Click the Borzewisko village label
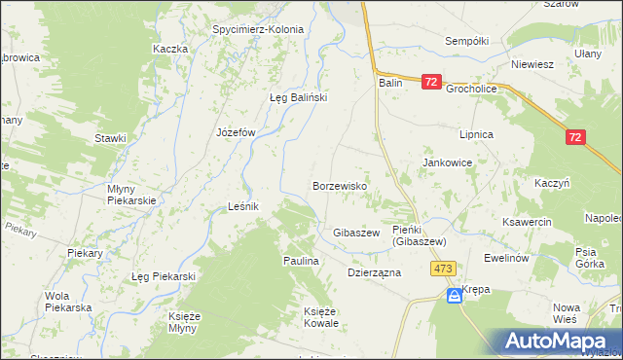pyautogui.click(x=338, y=185)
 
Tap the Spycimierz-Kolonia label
pyautogui.click(x=258, y=29)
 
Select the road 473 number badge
pyautogui.click(x=445, y=269)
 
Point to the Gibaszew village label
pyautogui.click(x=355, y=234)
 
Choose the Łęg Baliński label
pyautogui.click(x=297, y=97)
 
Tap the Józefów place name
pyautogui.click(x=235, y=131)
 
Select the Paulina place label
pyautogui.click(x=302, y=262)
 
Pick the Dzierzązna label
pyautogui.click(x=375, y=273)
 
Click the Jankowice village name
pyautogui.click(x=447, y=163)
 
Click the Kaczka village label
pyautogui.click(x=169, y=49)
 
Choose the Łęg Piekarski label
pyautogui.click(x=164, y=277)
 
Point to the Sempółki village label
pyautogui.click(x=465, y=42)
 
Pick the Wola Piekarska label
pyautogui.click(x=68, y=302)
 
